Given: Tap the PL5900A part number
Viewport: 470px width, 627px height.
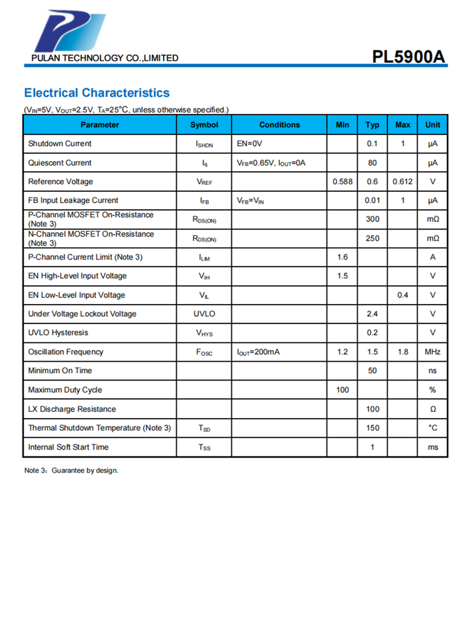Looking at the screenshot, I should coord(409,57).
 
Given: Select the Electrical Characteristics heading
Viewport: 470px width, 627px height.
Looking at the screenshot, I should coord(97,93).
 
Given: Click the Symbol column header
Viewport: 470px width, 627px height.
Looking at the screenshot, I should coord(204,125).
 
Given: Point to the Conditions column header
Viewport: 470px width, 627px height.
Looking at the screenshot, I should coord(279,125).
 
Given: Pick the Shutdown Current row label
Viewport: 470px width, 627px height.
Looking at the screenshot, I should coord(60,144).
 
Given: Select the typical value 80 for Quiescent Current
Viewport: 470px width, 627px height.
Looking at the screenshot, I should coord(372,163).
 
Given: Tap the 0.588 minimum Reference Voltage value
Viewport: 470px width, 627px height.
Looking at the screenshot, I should coord(342,182).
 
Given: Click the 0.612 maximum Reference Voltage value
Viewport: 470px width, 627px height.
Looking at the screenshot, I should coord(402,182).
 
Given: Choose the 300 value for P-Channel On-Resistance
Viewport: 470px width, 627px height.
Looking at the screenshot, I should coord(372,219).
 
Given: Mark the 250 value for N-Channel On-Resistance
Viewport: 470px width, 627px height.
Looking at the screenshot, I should coord(372,238).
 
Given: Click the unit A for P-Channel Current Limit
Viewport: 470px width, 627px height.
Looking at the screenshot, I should coord(432,257).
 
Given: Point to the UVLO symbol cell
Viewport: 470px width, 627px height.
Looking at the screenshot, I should coord(204,314).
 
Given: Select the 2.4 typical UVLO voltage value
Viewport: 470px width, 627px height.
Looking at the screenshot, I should coord(372,314).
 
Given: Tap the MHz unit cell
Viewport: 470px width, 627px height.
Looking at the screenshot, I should coord(432,352).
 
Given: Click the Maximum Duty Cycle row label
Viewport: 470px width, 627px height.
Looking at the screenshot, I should coord(65,390).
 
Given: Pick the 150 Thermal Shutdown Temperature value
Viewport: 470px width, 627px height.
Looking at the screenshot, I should coord(372,428).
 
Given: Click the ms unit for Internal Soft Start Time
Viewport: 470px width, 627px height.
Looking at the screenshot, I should coord(432,447).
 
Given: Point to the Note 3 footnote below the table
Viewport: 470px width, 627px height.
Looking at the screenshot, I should coord(71,470).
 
